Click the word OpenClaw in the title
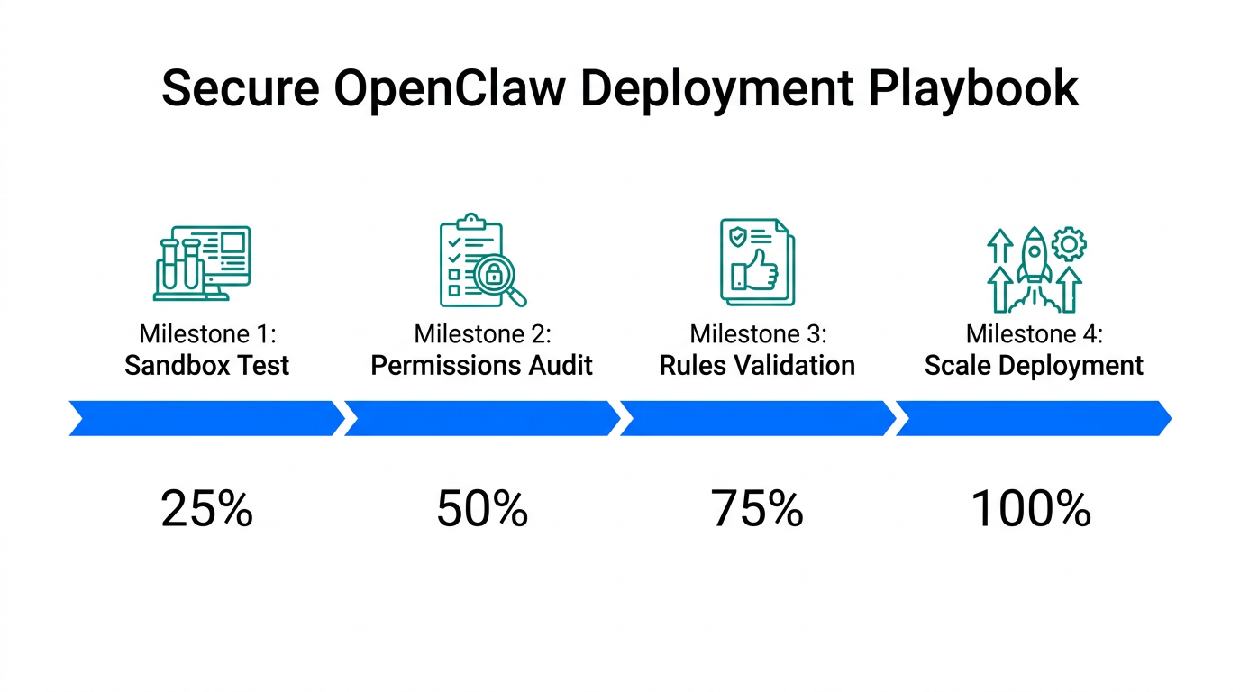450,88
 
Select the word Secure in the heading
240,88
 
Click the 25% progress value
206,509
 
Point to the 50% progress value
482,509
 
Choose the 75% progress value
757,509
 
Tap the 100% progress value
1032,509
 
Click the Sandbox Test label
207,365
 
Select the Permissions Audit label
482,365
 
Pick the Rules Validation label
757,365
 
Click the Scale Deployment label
1034,365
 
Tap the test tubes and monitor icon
202,262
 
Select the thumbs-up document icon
757,261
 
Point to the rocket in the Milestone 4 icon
1034,257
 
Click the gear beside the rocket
1070,243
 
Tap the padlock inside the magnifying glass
494,276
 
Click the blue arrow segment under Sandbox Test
206,418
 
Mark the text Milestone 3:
757,334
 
